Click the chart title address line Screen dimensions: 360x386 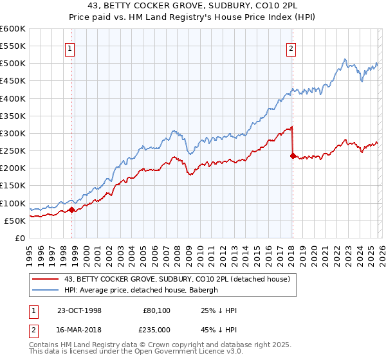point(192,6)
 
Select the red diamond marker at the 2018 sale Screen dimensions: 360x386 point(293,156)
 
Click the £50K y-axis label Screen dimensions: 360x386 point(15,221)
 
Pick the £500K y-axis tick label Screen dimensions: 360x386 point(13,64)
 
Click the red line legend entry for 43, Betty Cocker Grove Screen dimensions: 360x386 point(178,279)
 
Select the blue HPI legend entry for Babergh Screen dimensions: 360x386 point(142,290)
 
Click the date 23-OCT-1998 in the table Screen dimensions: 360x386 point(79,310)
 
